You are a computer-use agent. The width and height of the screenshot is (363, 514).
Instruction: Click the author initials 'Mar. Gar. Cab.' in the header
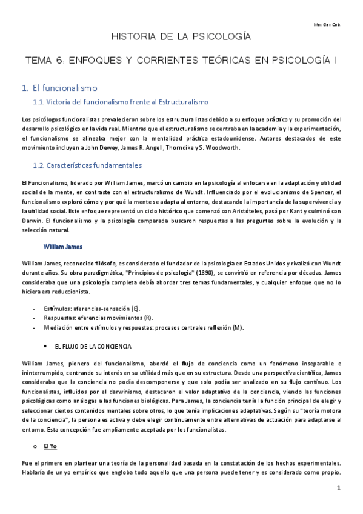point(330,25)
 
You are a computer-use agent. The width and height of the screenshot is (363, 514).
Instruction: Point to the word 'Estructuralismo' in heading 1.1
point(181,102)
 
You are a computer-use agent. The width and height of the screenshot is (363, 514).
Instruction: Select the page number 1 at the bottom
point(339,489)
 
